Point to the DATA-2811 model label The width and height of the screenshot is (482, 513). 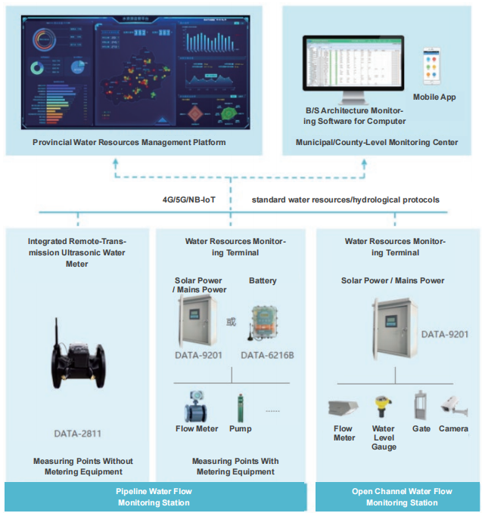tap(78, 434)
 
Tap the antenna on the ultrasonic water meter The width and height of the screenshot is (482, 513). tap(57, 329)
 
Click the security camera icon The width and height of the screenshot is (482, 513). tap(454, 406)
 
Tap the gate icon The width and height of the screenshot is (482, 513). tap(421, 405)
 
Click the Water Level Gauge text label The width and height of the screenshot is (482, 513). tap(384, 437)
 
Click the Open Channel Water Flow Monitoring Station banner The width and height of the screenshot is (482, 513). tap(402, 497)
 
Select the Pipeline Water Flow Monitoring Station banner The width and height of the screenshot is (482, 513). tap(154, 497)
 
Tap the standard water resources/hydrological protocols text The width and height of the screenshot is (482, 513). tap(346, 200)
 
